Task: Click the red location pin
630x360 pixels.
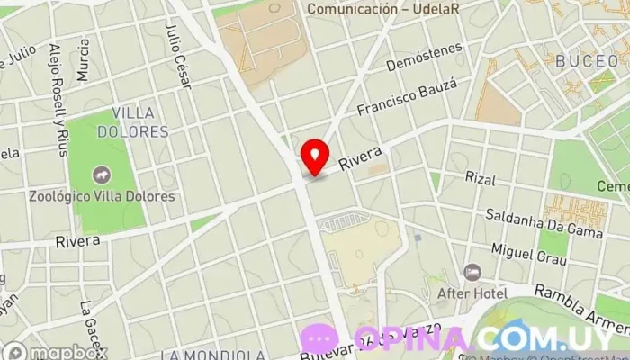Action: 314,157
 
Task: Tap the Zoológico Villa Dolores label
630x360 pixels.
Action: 101,196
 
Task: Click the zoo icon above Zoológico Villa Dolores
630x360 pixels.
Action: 101,173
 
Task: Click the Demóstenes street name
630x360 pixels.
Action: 424,57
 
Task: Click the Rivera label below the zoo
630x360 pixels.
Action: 77,241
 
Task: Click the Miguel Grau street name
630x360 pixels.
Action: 529,253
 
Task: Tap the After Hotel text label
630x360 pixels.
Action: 472,293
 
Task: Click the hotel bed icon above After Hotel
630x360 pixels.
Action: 472,272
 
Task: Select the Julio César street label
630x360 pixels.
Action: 178,54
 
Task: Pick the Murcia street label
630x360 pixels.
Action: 84,60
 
